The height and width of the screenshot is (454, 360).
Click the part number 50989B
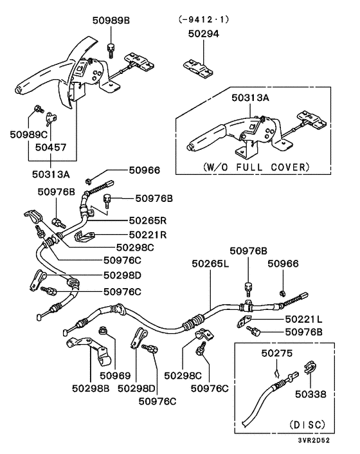point(111,21)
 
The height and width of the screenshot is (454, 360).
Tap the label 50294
point(203,33)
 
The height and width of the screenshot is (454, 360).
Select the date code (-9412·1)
point(204,19)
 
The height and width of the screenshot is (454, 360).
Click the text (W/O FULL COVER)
point(256,167)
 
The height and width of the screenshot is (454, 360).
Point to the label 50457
point(51,147)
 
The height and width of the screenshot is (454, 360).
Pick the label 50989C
point(29,134)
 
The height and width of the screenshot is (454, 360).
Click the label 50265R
point(148,221)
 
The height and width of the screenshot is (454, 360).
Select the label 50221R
point(148,235)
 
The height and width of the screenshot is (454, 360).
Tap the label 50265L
point(210,264)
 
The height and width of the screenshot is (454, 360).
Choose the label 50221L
point(303,319)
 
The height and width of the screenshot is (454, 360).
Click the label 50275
point(277,353)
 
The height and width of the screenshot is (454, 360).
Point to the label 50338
point(310,394)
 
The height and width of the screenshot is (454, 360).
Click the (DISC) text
point(307,425)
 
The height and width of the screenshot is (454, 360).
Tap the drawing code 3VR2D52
point(314,440)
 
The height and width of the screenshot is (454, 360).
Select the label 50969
point(115,376)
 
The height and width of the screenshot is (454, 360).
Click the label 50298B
point(91,388)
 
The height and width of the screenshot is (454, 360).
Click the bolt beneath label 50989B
point(111,50)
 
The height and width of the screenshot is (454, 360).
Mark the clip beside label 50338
point(310,367)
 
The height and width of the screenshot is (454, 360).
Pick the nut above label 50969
point(102,330)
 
